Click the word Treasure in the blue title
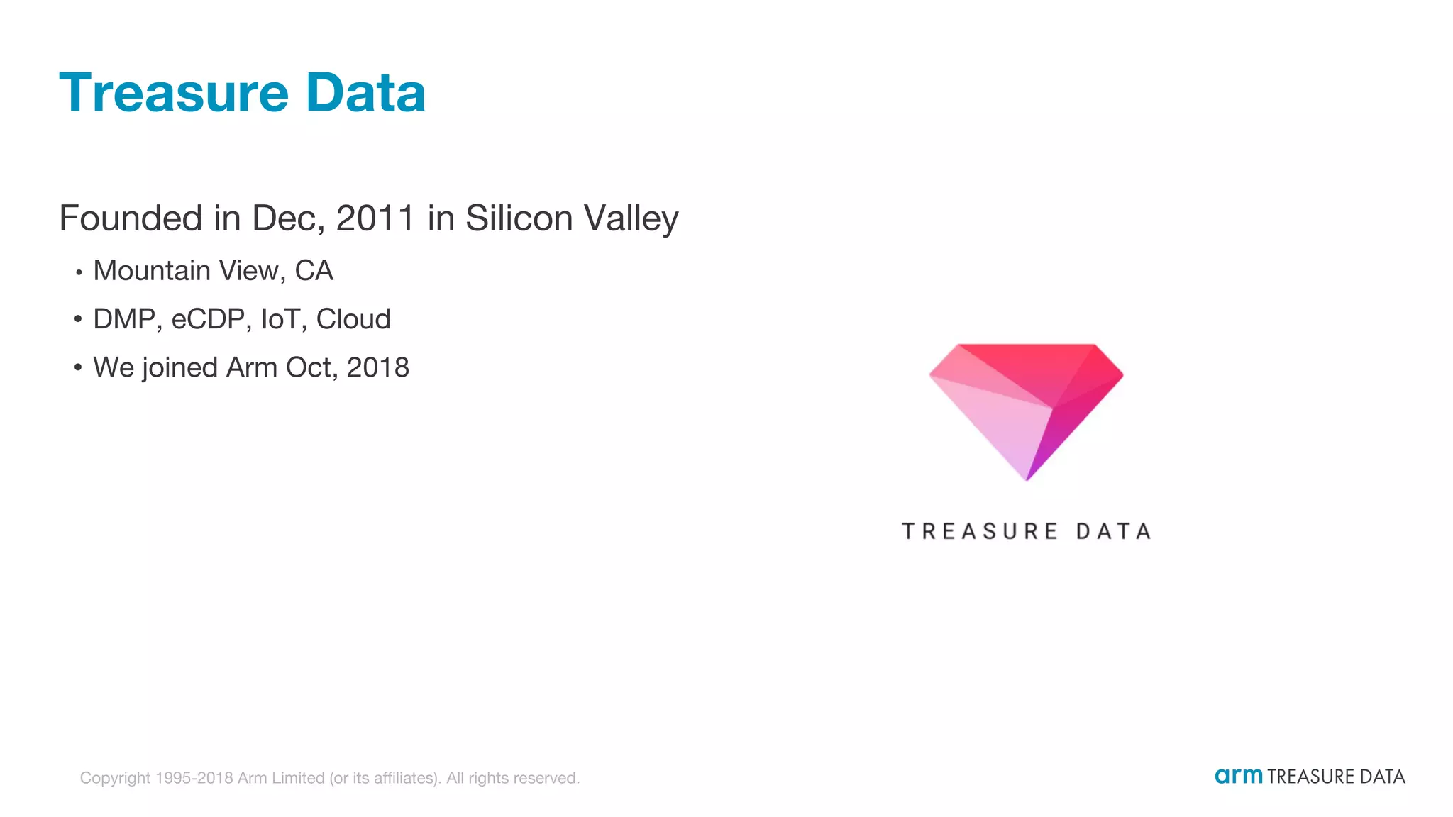[174, 93]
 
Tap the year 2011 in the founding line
[375, 218]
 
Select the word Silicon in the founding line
[519, 218]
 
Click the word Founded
[131, 218]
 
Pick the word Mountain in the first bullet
[151, 271]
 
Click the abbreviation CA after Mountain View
[314, 271]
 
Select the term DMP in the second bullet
[124, 320]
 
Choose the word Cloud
[353, 320]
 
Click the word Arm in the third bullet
[251, 368]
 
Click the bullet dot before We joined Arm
[78, 367]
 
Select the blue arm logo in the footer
[1238, 776]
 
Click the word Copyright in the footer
[115, 778]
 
